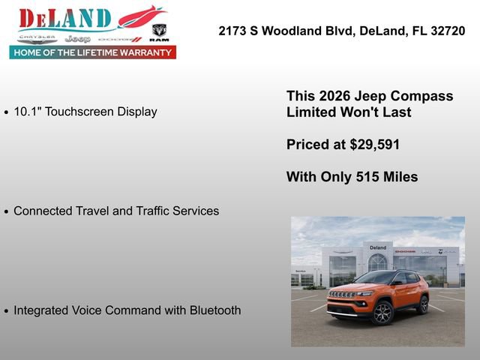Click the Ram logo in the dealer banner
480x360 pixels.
[159, 31]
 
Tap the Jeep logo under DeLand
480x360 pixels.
[77, 38]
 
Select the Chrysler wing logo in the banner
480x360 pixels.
[37, 37]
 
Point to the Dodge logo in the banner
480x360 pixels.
[119, 38]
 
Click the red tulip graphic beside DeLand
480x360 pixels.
[142, 16]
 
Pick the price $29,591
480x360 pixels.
[370, 145]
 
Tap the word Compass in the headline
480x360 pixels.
[426, 96]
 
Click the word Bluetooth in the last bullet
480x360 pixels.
[212, 310]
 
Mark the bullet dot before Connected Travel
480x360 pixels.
[7, 212]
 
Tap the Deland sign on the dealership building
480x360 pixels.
[378, 247]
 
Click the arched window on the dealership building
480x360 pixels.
[378, 262]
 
